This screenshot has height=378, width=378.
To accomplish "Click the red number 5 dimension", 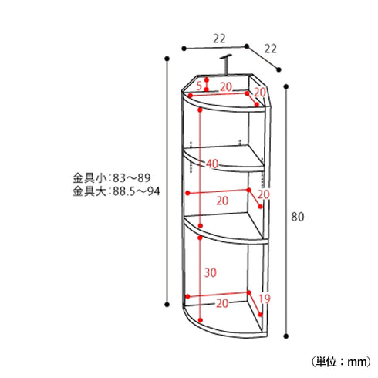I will tap(199, 85).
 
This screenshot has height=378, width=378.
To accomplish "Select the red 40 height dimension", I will tap(212, 163).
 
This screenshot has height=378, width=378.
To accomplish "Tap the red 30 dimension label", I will tap(210, 272).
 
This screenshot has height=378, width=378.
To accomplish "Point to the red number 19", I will tap(264, 299).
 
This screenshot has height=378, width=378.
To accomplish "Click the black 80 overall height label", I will tap(297, 217).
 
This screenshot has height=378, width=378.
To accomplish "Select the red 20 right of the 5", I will tap(226, 86).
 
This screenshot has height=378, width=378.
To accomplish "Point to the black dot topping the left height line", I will tap(169, 58).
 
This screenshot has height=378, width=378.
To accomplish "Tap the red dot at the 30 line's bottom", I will tap(200, 319).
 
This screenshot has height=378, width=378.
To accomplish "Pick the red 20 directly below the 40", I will tap(222, 200).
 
